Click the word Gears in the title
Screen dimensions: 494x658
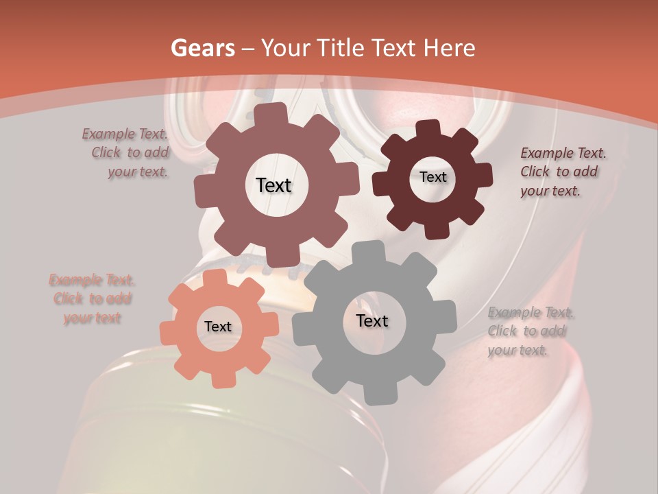(x=203, y=48)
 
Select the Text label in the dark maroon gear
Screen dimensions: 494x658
(x=432, y=177)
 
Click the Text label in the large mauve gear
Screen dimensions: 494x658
(x=273, y=185)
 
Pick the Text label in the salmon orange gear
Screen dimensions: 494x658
(x=218, y=327)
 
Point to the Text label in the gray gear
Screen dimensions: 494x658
(x=372, y=320)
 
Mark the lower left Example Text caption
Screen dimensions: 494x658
(x=92, y=298)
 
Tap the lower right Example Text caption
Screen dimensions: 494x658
(x=529, y=331)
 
